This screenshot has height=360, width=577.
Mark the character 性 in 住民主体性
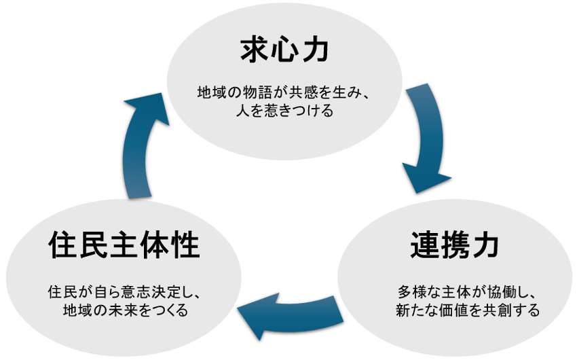pyautogui.click(x=185, y=245)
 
